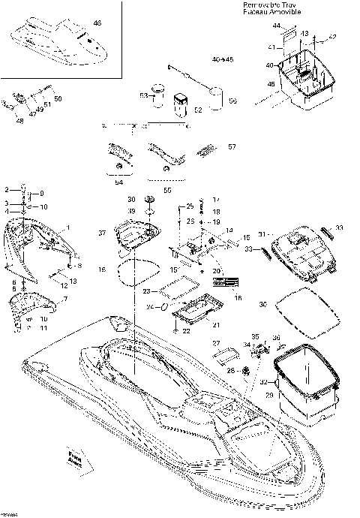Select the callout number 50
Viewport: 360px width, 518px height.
pyautogui.click(x=58, y=98)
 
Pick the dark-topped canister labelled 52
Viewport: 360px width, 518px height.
pyautogui.click(x=180, y=101)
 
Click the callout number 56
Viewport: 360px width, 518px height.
pyautogui.click(x=232, y=100)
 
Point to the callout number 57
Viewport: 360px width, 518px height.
pyautogui.click(x=232, y=146)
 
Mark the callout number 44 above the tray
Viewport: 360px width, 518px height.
pyautogui.click(x=277, y=26)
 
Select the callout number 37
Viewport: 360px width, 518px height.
pyautogui.click(x=103, y=233)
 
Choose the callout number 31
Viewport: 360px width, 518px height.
pyautogui.click(x=261, y=233)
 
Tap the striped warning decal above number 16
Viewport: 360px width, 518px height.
pyautogui.click(x=224, y=284)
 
